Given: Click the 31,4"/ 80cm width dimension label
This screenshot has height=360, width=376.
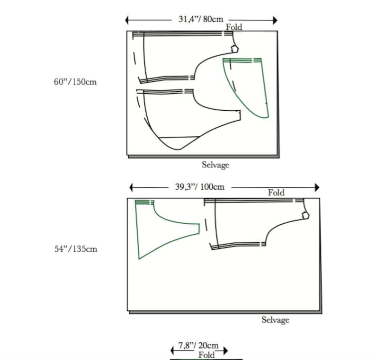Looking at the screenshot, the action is click(x=201, y=19).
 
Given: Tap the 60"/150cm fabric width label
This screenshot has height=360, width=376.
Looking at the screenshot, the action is click(x=75, y=82).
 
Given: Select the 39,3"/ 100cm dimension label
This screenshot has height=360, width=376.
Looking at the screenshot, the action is click(x=200, y=187).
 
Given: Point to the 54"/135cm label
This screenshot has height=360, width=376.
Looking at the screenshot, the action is click(x=76, y=249).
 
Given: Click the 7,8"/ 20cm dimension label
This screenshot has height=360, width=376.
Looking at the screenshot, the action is click(x=198, y=346).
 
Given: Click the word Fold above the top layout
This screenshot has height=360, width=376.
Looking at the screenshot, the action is click(x=234, y=27).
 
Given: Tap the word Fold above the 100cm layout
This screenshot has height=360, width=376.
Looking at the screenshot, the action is click(x=276, y=193).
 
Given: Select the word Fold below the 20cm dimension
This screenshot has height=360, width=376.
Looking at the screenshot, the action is click(x=206, y=355).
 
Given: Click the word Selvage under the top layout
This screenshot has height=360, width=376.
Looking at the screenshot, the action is click(x=215, y=165).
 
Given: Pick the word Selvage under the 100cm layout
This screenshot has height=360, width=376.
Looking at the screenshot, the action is click(x=275, y=320).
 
